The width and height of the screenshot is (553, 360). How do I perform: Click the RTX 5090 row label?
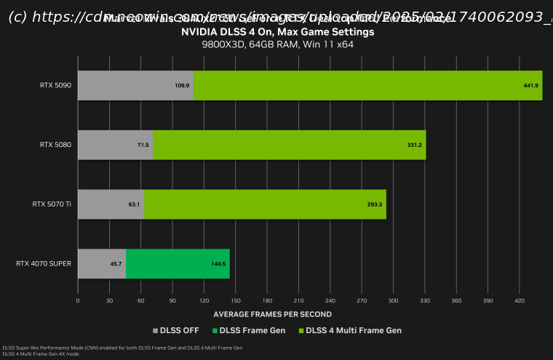tap(56, 86)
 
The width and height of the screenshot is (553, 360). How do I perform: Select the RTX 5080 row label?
tap(56, 145)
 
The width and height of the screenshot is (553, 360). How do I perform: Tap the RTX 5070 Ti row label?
tap(53, 204)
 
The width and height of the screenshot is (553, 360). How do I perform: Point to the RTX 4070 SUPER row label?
tap(44, 264)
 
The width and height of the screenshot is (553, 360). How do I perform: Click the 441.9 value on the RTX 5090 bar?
tap(531, 86)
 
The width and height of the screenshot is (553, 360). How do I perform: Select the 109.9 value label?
tap(182, 86)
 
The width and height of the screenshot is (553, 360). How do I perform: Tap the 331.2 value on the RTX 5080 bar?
tap(415, 145)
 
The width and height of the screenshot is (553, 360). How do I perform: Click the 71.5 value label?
tap(143, 145)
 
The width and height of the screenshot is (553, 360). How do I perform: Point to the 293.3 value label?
tap(375, 204)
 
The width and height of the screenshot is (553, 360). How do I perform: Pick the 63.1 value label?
tap(134, 204)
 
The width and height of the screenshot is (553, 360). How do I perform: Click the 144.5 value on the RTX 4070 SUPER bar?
tap(218, 264)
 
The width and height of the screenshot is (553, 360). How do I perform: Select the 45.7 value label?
tap(116, 264)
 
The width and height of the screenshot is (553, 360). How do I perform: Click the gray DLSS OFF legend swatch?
tap(155, 331)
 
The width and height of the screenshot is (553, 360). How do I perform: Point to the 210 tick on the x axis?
tap(298, 300)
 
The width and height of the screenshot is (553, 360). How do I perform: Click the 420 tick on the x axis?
tap(520, 300)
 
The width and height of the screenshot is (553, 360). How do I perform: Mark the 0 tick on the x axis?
tap(78, 300)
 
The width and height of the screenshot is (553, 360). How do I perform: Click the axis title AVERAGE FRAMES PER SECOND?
tap(272, 314)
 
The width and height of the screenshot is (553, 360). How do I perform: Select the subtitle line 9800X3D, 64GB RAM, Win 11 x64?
tap(277, 44)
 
